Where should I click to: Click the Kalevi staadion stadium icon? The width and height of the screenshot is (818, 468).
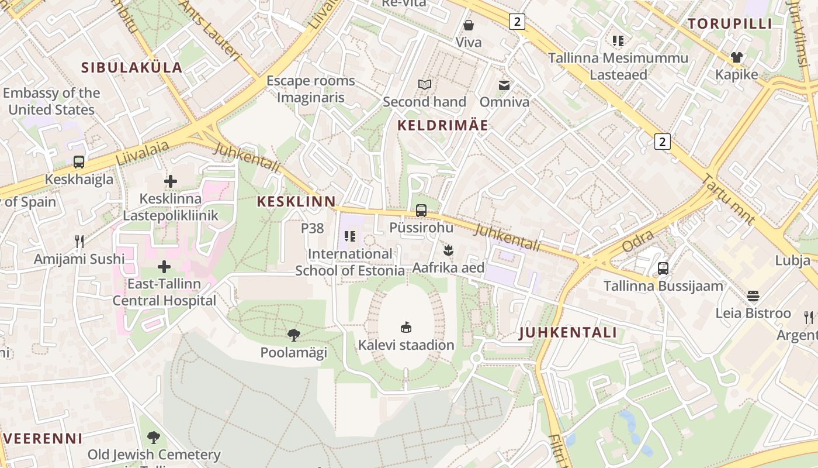click(406, 326)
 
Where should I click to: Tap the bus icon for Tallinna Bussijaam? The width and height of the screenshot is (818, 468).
click(663, 269)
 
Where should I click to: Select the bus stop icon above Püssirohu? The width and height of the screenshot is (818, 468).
click(421, 211)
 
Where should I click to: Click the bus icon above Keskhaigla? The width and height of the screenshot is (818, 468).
click(79, 162)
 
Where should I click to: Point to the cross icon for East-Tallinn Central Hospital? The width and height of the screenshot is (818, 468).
click(164, 267)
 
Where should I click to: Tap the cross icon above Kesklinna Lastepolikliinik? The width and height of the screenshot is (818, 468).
click(171, 181)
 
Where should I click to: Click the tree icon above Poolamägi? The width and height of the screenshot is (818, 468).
click(294, 335)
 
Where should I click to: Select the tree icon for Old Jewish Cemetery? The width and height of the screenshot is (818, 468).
click(154, 437)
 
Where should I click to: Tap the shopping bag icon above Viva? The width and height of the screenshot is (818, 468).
click(469, 25)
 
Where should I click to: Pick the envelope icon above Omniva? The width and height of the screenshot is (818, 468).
click(504, 85)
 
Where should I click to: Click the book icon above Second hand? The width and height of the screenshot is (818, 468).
click(425, 85)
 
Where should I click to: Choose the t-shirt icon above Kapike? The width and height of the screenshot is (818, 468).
click(737, 57)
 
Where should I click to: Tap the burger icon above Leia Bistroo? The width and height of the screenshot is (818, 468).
click(753, 295)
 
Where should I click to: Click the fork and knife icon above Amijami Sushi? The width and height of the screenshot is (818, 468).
click(79, 241)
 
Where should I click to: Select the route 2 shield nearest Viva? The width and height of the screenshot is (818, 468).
click(517, 22)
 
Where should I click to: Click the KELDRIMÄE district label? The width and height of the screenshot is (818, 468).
click(443, 125)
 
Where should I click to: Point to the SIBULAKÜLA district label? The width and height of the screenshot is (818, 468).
click(132, 67)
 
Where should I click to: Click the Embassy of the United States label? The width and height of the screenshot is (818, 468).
click(51, 101)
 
